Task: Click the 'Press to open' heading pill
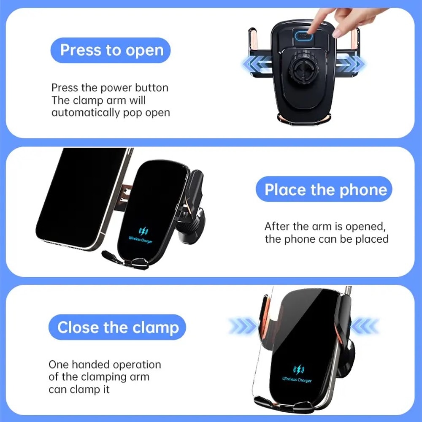(x=111, y=50)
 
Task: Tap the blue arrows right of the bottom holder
(x=365, y=326)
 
